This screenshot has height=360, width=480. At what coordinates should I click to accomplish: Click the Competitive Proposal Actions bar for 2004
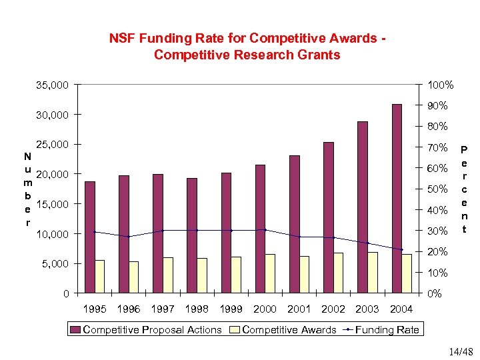click(x=397, y=199)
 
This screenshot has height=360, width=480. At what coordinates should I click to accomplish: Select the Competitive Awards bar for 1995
click(x=99, y=277)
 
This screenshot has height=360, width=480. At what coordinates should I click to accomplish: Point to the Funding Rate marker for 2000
click(x=265, y=230)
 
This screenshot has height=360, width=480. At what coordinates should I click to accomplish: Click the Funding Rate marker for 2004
click(x=401, y=249)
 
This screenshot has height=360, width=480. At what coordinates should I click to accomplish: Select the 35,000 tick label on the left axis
click(x=52, y=85)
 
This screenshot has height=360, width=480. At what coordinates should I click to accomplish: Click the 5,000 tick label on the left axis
click(x=55, y=264)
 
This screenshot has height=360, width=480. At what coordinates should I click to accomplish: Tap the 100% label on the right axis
click(x=441, y=85)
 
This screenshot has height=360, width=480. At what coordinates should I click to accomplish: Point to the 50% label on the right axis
click(x=437, y=190)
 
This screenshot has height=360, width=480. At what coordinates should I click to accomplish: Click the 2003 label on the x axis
click(x=367, y=309)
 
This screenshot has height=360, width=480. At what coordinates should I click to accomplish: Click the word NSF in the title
click(x=122, y=39)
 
